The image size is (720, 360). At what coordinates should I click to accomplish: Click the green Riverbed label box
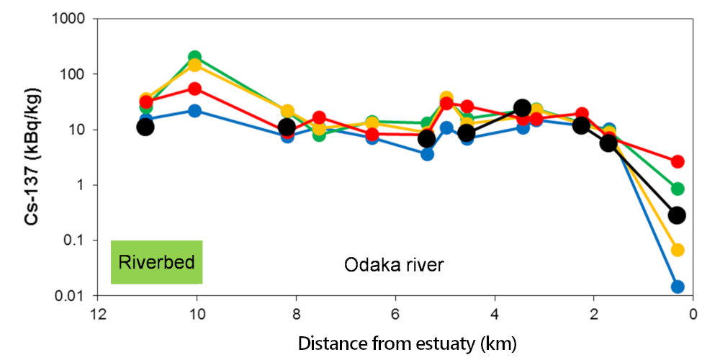pos(156,262)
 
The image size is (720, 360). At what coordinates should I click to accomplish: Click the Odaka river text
pos(393,265)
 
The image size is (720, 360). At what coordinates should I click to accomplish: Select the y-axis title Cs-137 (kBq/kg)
pos(32,158)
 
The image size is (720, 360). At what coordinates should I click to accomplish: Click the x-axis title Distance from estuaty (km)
pos(407,341)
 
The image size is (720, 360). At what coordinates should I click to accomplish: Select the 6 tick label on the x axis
pos(395,315)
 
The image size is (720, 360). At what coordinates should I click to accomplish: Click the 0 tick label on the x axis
pos(693,315)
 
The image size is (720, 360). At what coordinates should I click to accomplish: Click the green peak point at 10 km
pos(194,57)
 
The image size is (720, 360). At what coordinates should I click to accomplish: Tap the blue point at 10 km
pos(194,111)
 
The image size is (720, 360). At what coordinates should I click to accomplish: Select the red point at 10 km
pos(194,89)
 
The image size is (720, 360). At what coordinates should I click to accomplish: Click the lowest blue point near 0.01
pos(678,287)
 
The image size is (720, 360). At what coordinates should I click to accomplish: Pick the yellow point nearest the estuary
pos(678,250)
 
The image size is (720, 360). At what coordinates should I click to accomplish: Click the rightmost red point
pos(678,161)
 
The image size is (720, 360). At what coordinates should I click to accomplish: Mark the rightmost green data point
pos(678,189)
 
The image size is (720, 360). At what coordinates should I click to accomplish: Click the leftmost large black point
pos(146,127)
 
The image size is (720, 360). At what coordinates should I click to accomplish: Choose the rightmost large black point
pos(677,215)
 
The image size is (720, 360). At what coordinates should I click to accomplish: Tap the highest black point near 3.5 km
pos(523,108)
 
